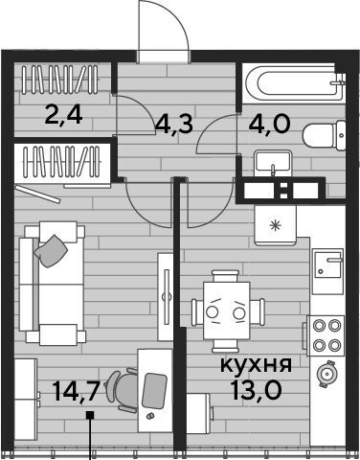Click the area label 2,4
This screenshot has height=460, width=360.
tap(64, 115)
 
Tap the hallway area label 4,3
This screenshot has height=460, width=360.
tap(174, 124)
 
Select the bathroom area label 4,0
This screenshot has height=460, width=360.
tap(270, 124)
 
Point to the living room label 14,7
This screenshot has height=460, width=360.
tap(75, 391)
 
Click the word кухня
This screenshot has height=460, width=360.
tap(256, 364)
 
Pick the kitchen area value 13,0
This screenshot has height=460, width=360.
tap(257, 390)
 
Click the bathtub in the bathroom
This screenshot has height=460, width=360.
tap(293, 83)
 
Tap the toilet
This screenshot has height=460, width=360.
tap(324, 135)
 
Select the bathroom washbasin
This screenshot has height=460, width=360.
tap(273, 162)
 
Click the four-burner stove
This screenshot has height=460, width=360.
tap(326, 335)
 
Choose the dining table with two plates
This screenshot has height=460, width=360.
tap(227, 310)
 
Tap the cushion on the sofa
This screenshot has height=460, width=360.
tap(51, 251)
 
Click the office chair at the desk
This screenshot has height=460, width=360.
tap(122, 390)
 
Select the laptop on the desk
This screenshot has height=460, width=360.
tap(154, 391)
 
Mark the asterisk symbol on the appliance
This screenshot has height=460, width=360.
tap(275, 225)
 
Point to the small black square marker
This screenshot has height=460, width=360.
tap(91, 415)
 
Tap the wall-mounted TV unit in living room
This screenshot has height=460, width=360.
tap(166, 297)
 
